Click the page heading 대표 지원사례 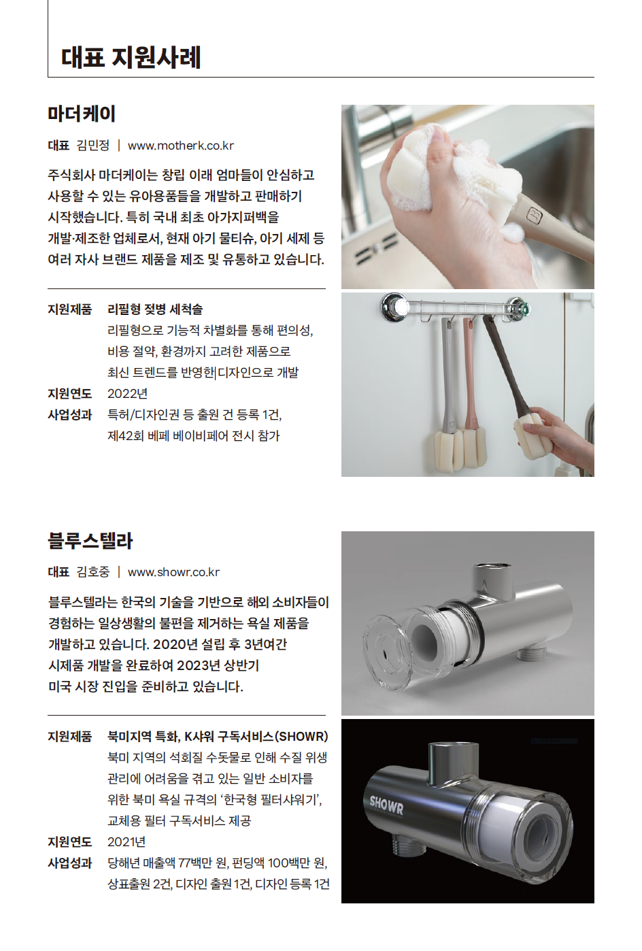point(131,57)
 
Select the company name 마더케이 point(82,114)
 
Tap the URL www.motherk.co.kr point(181,146)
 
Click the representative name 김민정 point(93,146)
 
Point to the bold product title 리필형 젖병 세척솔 point(155,309)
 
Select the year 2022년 point(127,394)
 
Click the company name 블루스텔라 point(90,540)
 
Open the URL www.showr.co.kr point(173,572)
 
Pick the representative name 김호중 point(93,572)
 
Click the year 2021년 point(126,841)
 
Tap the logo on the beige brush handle point(535,216)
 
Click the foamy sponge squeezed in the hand point(424,170)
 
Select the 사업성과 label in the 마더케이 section point(69,414)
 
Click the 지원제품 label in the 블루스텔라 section point(69,736)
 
